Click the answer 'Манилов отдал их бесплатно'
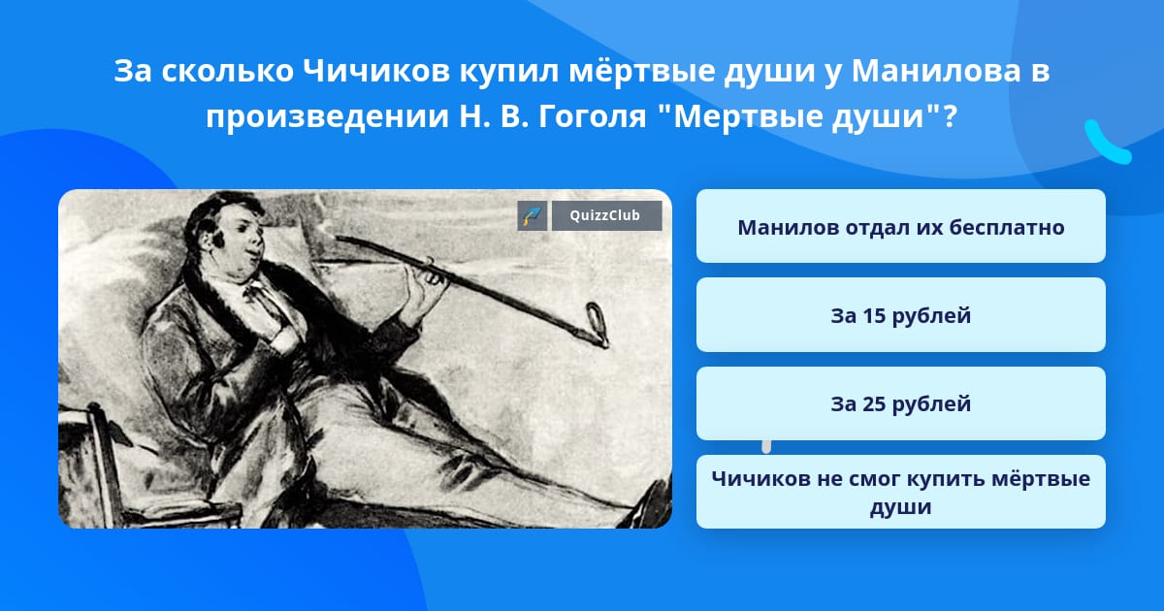tap(900, 226)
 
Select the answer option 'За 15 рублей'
tap(900, 315)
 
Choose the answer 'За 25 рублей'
tap(900, 403)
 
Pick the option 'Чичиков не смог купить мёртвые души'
tap(900, 492)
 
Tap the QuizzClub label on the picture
tap(604, 215)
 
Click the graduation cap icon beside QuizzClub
tap(533, 215)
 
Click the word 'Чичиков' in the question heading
tap(376, 71)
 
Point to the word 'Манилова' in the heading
tap(936, 71)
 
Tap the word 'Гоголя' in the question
tap(593, 115)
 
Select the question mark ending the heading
tap(950, 115)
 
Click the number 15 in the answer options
tap(873, 315)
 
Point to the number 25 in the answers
tap(873, 403)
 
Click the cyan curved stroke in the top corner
tap(1108, 143)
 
